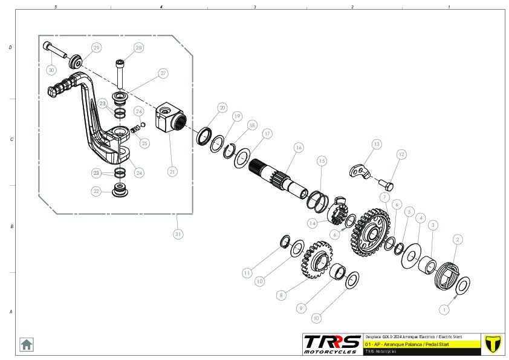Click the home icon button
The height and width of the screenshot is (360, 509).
(27, 344)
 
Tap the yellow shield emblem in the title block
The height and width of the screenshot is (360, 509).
(493, 343)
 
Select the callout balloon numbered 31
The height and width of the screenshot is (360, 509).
(178, 234)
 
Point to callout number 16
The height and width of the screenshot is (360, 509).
(298, 148)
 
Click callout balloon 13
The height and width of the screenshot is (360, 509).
(377, 144)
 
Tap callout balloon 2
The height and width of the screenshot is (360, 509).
(458, 240)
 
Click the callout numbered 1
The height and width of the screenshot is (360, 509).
(445, 309)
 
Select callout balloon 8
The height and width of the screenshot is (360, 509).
(280, 296)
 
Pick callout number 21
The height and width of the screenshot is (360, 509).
(172, 172)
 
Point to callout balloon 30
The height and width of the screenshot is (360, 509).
(51, 70)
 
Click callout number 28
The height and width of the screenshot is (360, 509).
(139, 48)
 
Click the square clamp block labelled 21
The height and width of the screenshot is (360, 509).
(169, 118)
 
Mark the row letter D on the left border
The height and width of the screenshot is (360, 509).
(10, 47)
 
